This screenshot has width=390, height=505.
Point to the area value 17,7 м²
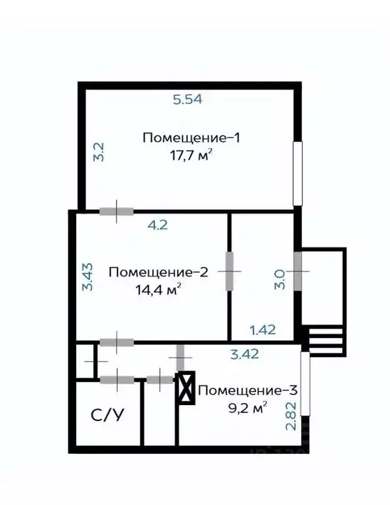coord(191,156)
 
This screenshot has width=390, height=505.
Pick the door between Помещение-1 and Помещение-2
coord(116,211)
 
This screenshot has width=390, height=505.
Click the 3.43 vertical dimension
coord(87,278)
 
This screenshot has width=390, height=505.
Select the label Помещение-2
coord(158,272)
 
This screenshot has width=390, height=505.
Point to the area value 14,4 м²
coord(158,289)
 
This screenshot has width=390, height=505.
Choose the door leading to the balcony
coord(297,270)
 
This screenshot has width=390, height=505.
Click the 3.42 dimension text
coord(243,354)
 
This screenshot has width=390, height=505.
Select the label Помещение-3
coord(248,390)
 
